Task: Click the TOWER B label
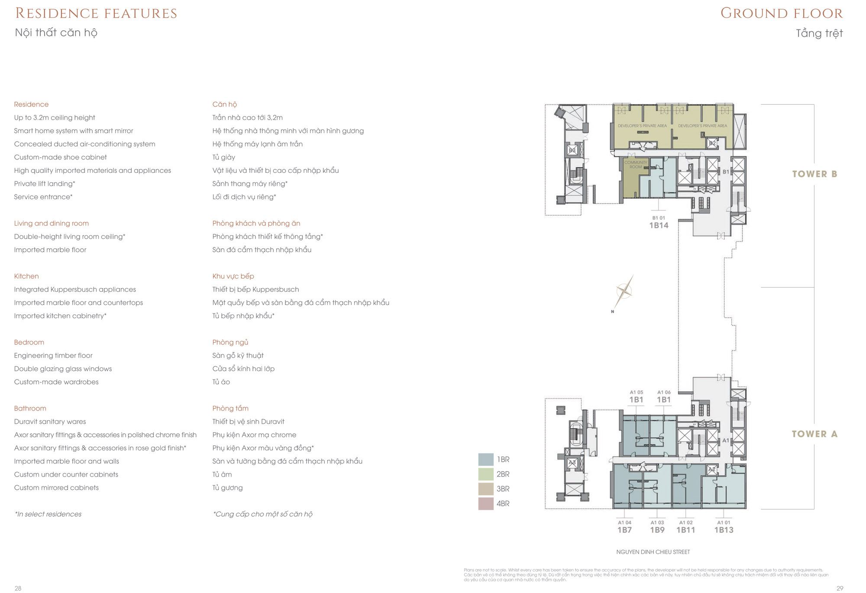(814, 174)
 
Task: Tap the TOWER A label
(814, 434)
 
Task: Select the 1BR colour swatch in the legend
(486, 459)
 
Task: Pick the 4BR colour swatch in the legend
(486, 503)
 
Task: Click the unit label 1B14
(659, 225)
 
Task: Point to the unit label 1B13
(724, 530)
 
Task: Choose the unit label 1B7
(624, 530)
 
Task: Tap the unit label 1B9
(657, 530)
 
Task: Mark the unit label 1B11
(686, 530)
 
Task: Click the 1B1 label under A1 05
(636, 400)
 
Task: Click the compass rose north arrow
(624, 292)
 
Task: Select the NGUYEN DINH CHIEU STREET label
(653, 552)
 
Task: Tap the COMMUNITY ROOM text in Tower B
(635, 165)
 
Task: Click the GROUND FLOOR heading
(782, 13)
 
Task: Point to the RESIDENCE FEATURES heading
(96, 13)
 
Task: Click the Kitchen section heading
(26, 276)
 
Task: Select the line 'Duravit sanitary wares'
(50, 421)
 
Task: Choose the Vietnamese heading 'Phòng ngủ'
(230, 342)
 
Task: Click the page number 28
(18, 588)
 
